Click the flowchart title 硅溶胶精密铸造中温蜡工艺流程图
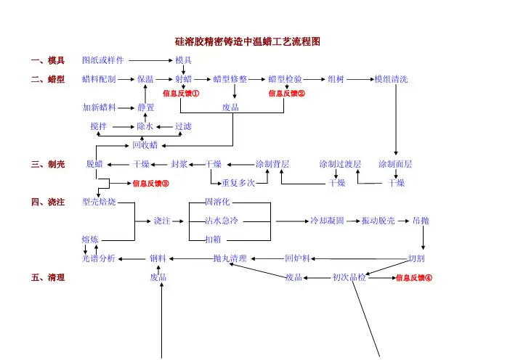247,43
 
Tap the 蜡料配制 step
99,78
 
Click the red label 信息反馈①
181,94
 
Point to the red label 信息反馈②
287,94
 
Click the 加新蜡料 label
99,107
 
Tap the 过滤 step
183,126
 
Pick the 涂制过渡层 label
340,164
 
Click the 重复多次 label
238,183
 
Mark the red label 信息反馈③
151,183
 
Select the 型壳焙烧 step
99,201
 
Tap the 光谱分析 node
99,258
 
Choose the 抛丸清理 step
230,258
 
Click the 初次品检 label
349,277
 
